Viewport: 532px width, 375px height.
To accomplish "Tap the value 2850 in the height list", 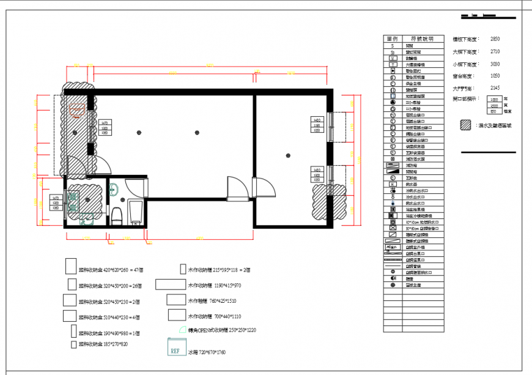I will (495, 39).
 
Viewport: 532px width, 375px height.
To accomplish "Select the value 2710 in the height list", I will (495, 51).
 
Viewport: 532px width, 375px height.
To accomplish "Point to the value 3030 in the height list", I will (495, 64).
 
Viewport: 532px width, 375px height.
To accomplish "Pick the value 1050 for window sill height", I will (495, 76).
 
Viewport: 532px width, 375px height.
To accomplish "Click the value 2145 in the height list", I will (495, 88).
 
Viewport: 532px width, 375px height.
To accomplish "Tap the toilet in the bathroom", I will (116, 215).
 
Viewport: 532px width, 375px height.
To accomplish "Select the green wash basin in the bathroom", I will (113, 190).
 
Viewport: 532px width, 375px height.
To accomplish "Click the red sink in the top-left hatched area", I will (76, 110).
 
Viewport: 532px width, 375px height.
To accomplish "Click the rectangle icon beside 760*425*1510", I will (176, 300).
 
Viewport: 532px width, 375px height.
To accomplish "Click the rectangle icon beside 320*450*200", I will (72, 285).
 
